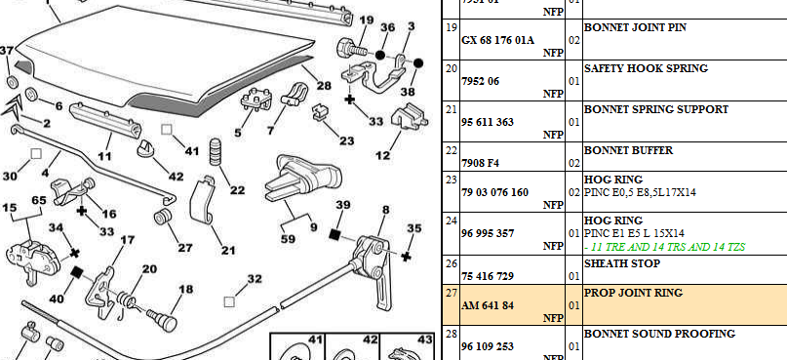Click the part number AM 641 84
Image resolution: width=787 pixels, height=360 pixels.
[488, 305]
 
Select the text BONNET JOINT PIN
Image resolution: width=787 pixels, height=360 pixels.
[635, 27]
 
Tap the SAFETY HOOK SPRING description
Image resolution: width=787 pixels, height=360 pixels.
[646, 68]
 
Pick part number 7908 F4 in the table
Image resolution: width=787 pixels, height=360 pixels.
[480, 163]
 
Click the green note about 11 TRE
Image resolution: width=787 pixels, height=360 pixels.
[664, 247]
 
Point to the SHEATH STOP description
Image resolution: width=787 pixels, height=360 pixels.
[622, 263]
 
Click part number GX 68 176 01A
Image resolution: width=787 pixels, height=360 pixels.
[497, 41]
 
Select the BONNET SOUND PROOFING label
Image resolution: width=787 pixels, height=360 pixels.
[659, 334]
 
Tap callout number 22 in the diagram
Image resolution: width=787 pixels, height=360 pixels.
[237, 190]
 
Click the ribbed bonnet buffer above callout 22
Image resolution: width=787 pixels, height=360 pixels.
[216, 150]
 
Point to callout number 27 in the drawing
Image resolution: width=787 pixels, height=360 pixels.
[184, 248]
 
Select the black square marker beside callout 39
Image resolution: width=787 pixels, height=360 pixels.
[334, 233]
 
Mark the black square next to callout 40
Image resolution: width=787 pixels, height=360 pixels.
[76, 272]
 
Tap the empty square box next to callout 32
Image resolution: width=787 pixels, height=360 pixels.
[229, 301]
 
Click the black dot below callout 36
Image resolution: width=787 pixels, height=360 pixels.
[380, 55]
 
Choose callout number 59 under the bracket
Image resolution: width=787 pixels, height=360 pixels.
[288, 239]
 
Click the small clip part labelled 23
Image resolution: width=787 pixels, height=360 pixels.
[320, 113]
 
